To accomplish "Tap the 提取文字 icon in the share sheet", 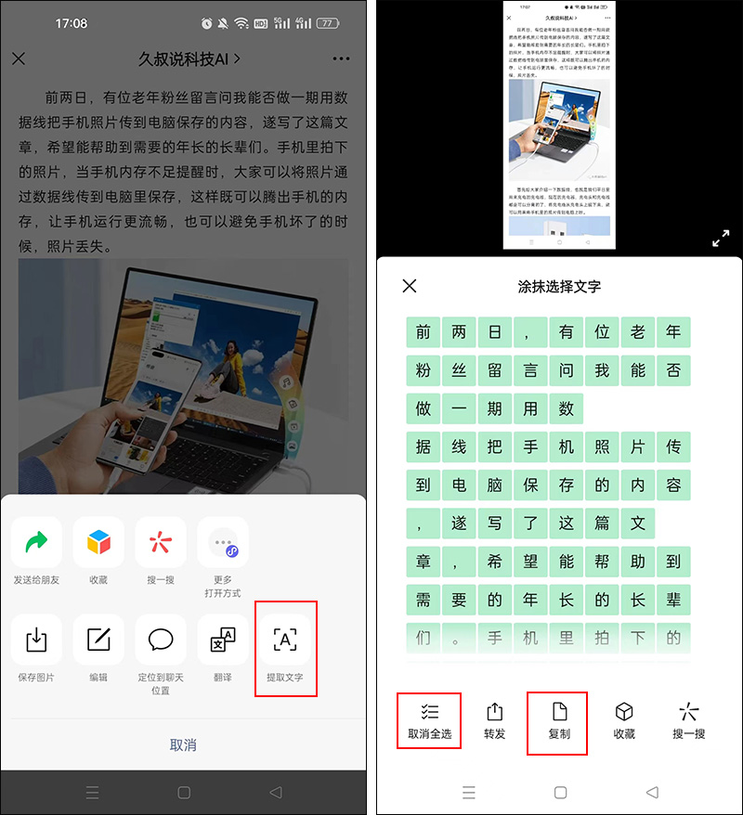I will (284, 640).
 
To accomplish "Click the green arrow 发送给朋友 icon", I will (36, 542).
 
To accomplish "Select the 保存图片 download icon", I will (36, 640).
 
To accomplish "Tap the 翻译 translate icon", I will (223, 640).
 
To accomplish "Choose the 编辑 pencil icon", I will (98, 640).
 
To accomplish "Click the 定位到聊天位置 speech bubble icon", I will (161, 640).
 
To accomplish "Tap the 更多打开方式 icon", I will (223, 542).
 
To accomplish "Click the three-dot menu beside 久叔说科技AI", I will (341, 59).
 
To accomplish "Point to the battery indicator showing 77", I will (328, 22).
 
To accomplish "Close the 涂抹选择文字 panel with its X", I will (410, 286).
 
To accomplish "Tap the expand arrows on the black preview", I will (721, 239).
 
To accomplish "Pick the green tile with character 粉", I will (424, 370).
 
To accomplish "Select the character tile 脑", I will (494, 485).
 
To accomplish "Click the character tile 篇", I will (602, 523).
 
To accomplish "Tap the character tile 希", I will (494, 561).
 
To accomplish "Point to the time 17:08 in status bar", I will (72, 22).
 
